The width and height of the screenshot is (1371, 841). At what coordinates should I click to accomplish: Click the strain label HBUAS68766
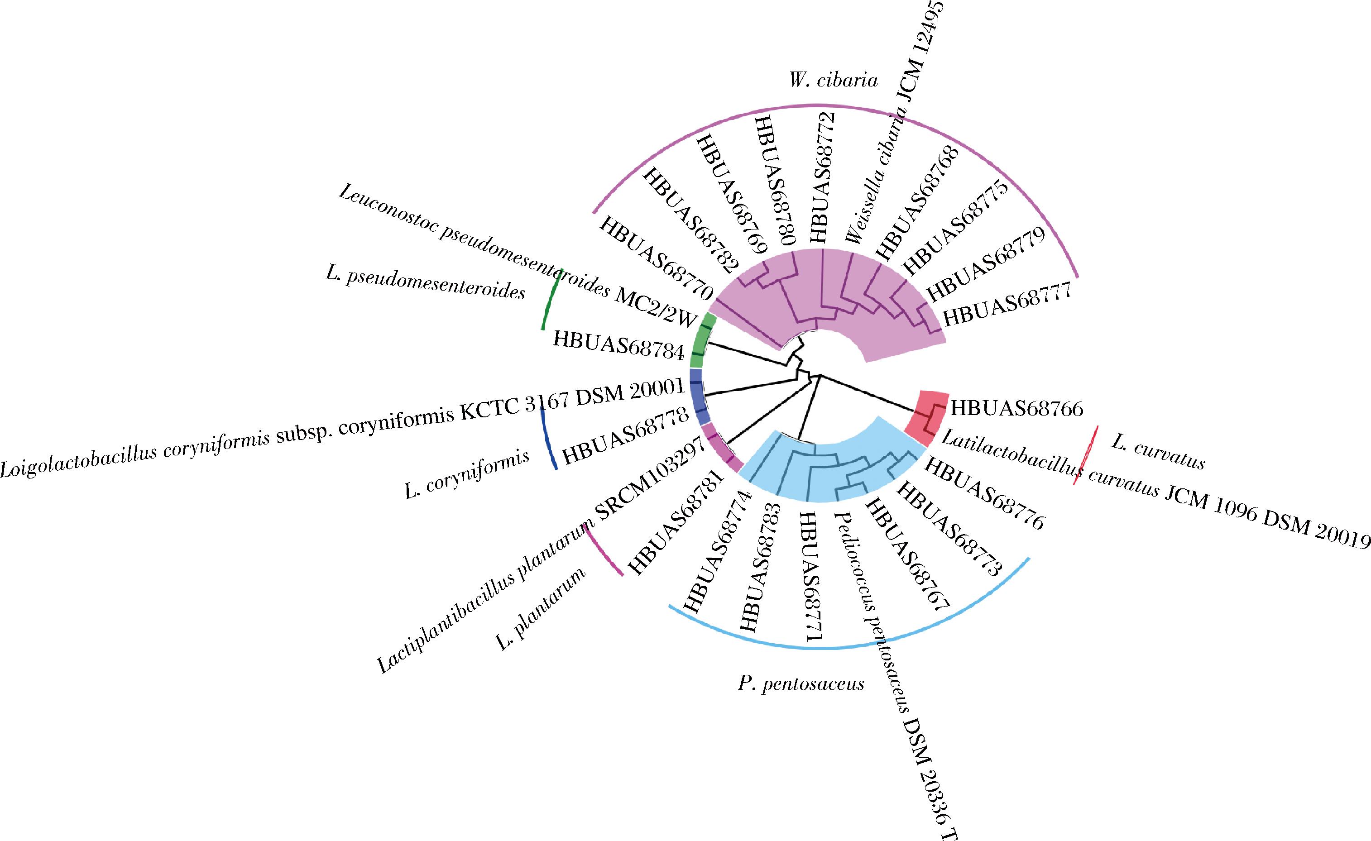pyautogui.click(x=1016, y=408)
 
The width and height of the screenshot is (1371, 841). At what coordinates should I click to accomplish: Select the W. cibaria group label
pyautogui.click(x=833, y=81)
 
